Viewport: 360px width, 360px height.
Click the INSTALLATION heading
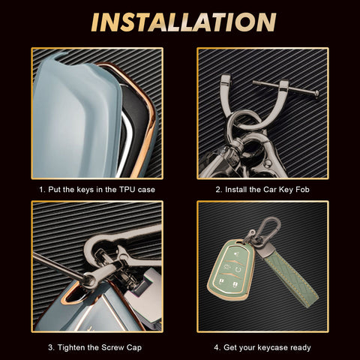click(184, 22)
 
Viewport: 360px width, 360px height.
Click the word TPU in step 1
click(127, 190)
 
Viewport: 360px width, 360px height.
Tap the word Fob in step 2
click(302, 190)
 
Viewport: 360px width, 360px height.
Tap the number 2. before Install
click(219, 190)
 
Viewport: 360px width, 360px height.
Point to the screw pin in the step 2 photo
click(286, 88)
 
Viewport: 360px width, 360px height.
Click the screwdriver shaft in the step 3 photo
click(58, 265)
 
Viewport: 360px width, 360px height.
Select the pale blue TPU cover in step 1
click(75, 118)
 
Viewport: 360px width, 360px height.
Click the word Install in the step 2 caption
click(236, 190)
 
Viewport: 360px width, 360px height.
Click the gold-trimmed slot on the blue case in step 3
click(75, 295)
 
